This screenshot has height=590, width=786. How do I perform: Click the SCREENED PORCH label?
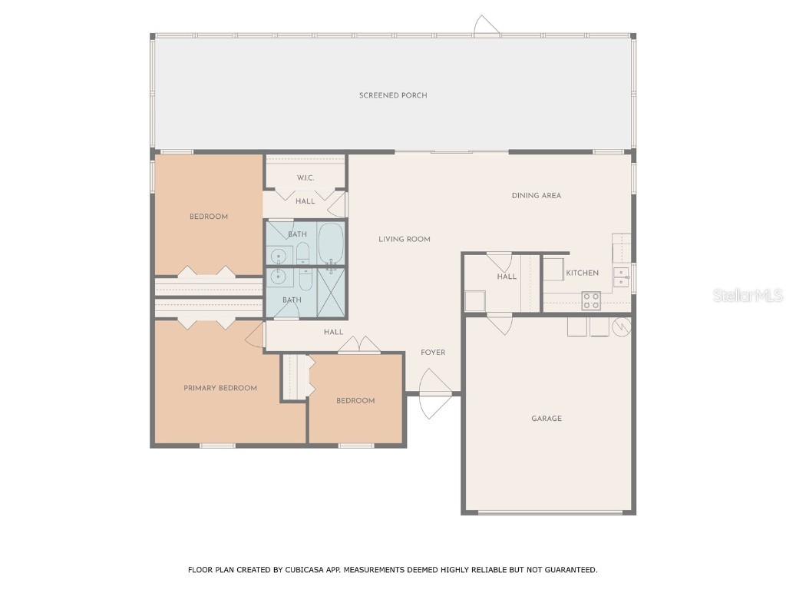(393, 95)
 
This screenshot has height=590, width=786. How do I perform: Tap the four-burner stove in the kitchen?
(591, 300)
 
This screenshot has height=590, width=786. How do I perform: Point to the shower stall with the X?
(332, 292)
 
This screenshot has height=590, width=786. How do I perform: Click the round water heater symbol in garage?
(622, 326)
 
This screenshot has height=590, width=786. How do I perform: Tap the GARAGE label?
(547, 419)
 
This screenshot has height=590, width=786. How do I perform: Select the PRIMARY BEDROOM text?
(220, 388)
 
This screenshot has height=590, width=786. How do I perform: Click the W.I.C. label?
(305, 178)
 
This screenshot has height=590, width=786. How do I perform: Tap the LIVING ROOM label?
(405, 239)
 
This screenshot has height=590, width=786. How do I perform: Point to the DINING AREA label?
(537, 195)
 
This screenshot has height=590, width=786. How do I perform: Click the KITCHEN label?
(583, 273)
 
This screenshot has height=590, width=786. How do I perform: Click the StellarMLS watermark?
(748, 295)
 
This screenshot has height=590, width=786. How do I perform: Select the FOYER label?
(433, 353)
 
